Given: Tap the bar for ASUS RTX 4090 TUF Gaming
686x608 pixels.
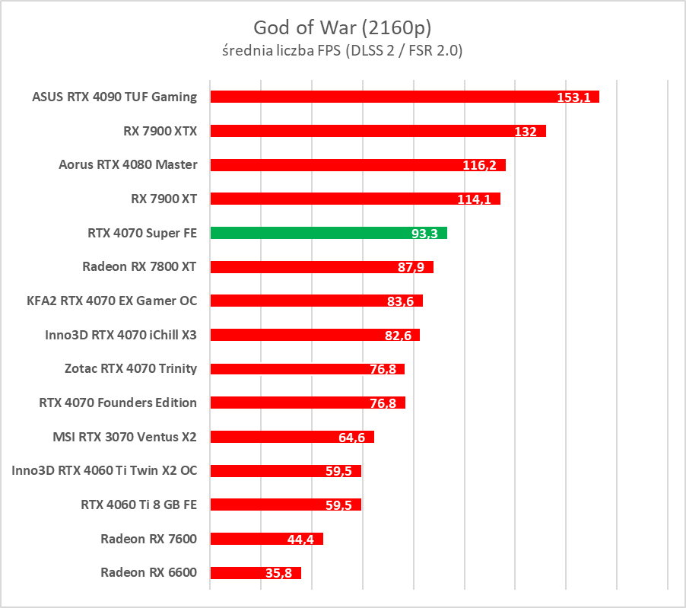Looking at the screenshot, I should [380, 97].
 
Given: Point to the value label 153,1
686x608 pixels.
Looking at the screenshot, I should [573, 98].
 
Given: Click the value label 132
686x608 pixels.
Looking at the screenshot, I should [526, 132].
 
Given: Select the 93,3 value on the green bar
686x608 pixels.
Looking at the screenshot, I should [424, 234].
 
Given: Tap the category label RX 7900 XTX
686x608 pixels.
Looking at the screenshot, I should [160, 131].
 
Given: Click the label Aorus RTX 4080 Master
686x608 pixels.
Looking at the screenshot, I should [128, 164].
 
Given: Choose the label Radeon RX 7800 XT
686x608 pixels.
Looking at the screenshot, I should [139, 266].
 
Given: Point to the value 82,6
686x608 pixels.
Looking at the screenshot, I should [397, 336].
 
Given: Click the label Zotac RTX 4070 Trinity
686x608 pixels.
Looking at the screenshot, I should [131, 368].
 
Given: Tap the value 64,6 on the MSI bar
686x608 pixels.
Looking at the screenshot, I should [351, 438].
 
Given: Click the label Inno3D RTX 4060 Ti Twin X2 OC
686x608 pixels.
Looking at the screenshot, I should [104, 470].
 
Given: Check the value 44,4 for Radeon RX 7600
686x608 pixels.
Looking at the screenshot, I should [301, 540].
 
